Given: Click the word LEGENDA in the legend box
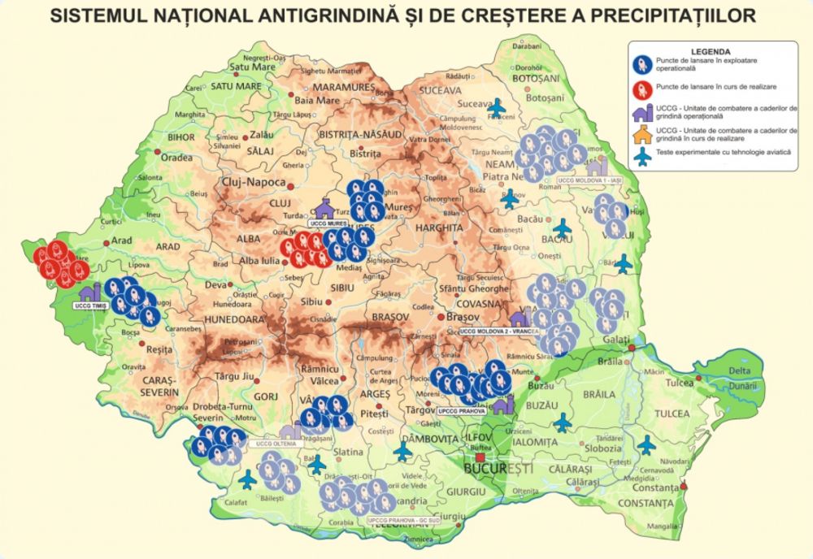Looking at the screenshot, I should (711, 50).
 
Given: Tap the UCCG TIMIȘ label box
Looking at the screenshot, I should (90, 305).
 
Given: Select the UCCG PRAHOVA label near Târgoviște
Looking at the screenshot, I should (460, 412).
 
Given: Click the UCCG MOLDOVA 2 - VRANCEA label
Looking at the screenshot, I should (498, 331).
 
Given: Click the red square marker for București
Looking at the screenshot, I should (480, 457).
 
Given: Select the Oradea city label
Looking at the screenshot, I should (176, 158).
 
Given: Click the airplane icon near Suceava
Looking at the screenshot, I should (497, 106).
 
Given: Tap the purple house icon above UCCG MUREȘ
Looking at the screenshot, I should (325, 207).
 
